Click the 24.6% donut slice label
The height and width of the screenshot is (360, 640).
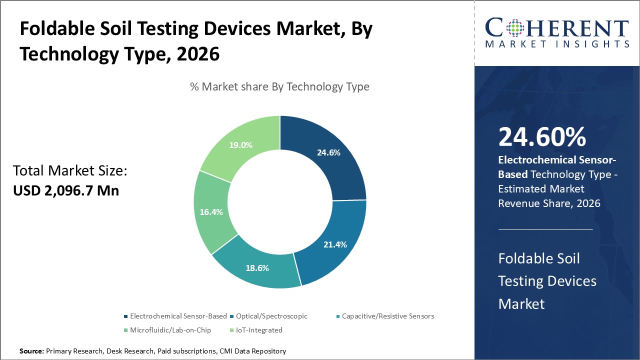(328, 152)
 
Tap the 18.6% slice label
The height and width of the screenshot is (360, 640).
(257, 268)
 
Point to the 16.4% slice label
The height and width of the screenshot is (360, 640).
(211, 211)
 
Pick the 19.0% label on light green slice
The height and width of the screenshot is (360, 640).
(240, 145)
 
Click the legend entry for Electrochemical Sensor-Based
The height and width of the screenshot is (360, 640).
(178, 316)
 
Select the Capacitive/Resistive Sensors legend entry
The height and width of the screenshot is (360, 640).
(387, 316)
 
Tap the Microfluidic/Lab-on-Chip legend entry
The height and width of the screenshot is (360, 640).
(170, 330)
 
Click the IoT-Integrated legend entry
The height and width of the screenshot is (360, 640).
(255, 330)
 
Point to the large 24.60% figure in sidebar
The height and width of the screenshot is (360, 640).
(542, 137)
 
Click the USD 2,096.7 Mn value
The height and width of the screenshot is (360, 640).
(66, 190)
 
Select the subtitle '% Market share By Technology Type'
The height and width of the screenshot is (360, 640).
(279, 86)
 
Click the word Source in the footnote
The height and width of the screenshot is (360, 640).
(31, 351)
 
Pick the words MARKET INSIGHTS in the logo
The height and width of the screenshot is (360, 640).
(556, 44)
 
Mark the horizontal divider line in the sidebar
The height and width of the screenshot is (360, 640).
(545, 230)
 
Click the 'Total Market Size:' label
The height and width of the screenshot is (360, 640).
(70, 171)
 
